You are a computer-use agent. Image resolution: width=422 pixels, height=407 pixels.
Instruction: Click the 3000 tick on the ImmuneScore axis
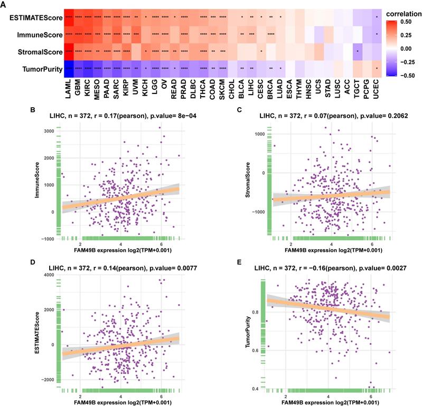[49, 130]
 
